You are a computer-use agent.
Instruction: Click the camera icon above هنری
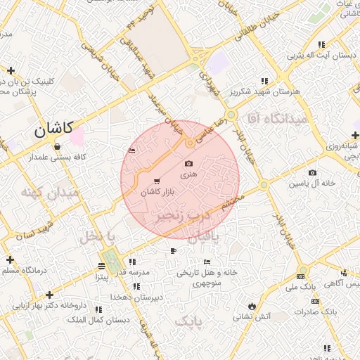pos(188,163)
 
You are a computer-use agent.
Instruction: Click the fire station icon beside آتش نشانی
pos(252,305)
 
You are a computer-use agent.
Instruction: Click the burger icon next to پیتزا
pos(103,266)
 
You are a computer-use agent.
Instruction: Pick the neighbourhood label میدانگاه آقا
pos(280,120)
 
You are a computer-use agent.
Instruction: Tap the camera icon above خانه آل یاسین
pos(312,173)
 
